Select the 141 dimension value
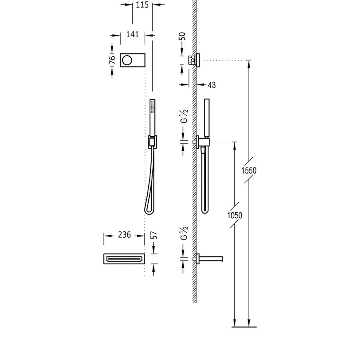coord(132,35)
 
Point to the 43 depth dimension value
coord(212,85)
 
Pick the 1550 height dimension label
coord(248,170)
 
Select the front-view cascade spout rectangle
coord(124,259)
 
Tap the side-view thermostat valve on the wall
coord(195,60)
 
